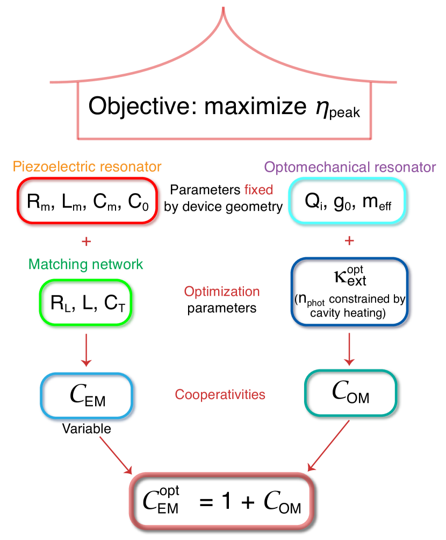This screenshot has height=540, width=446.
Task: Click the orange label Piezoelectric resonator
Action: pos(87,167)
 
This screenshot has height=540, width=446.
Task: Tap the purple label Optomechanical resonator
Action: pos(350,167)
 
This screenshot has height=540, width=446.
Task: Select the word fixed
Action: pos(258,190)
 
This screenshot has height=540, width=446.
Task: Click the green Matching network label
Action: pos(86,264)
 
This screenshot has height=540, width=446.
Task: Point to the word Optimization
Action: pos(222,292)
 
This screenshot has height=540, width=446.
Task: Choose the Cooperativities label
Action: pos(220,395)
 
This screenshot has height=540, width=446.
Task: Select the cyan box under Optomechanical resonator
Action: pos(349,202)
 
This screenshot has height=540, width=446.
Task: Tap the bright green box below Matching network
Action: pos(87,302)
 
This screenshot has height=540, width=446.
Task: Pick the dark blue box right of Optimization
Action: pos(350,292)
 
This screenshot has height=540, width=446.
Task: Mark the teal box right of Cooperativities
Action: pos(351,393)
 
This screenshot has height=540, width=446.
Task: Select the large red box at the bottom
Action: pos(221,500)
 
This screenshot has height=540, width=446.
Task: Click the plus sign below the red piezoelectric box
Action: pos(86,242)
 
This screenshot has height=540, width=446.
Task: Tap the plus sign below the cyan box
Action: pos(349,240)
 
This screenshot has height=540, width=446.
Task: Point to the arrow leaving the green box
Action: pos(86,350)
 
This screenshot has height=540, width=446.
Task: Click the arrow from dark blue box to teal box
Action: pos(349,349)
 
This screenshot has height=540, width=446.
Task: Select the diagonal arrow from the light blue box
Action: pos(116,455)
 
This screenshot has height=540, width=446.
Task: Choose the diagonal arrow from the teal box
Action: pos(328,446)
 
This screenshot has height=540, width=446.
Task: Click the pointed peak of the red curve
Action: pos(223,10)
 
